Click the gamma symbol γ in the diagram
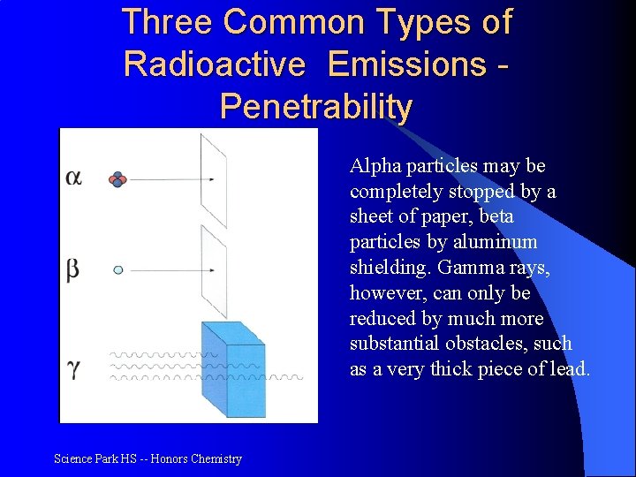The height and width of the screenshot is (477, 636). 73,367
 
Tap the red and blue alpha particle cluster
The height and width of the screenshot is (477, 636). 117,179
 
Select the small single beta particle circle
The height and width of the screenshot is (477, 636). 117,270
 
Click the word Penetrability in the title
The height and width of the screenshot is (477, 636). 315,107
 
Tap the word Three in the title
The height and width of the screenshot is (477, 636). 168,22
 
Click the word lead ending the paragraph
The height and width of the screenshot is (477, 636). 570,369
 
